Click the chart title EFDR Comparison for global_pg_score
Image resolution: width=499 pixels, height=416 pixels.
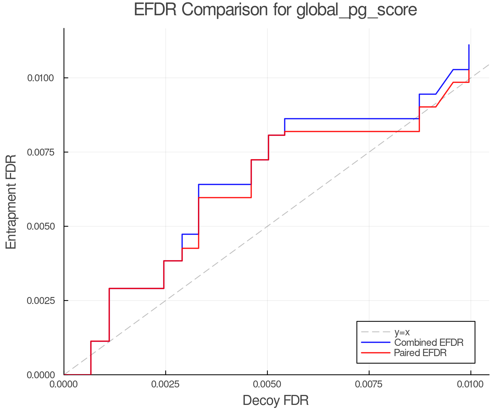[275, 10]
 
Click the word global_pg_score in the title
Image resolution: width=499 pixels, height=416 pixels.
[357, 11]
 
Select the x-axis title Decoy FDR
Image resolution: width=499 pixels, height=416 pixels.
[276, 400]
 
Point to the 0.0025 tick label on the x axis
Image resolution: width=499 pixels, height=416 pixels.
[166, 384]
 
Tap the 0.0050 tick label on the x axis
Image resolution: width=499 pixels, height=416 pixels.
[267, 384]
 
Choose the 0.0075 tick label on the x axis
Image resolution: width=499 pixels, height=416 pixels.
[369, 384]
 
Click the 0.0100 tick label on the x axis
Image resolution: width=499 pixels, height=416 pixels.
[470, 384]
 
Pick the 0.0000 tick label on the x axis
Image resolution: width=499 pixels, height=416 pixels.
[64, 384]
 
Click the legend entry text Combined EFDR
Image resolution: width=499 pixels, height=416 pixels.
[429, 343]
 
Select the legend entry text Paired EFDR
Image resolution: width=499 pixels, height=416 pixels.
[420, 353]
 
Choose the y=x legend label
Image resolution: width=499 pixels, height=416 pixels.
[402, 332]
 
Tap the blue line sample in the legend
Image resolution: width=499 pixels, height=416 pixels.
[376, 343]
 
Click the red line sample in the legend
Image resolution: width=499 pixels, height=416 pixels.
[376, 353]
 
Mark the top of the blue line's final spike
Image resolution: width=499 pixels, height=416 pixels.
[469, 45]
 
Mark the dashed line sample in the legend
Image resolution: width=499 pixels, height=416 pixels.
[376, 332]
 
